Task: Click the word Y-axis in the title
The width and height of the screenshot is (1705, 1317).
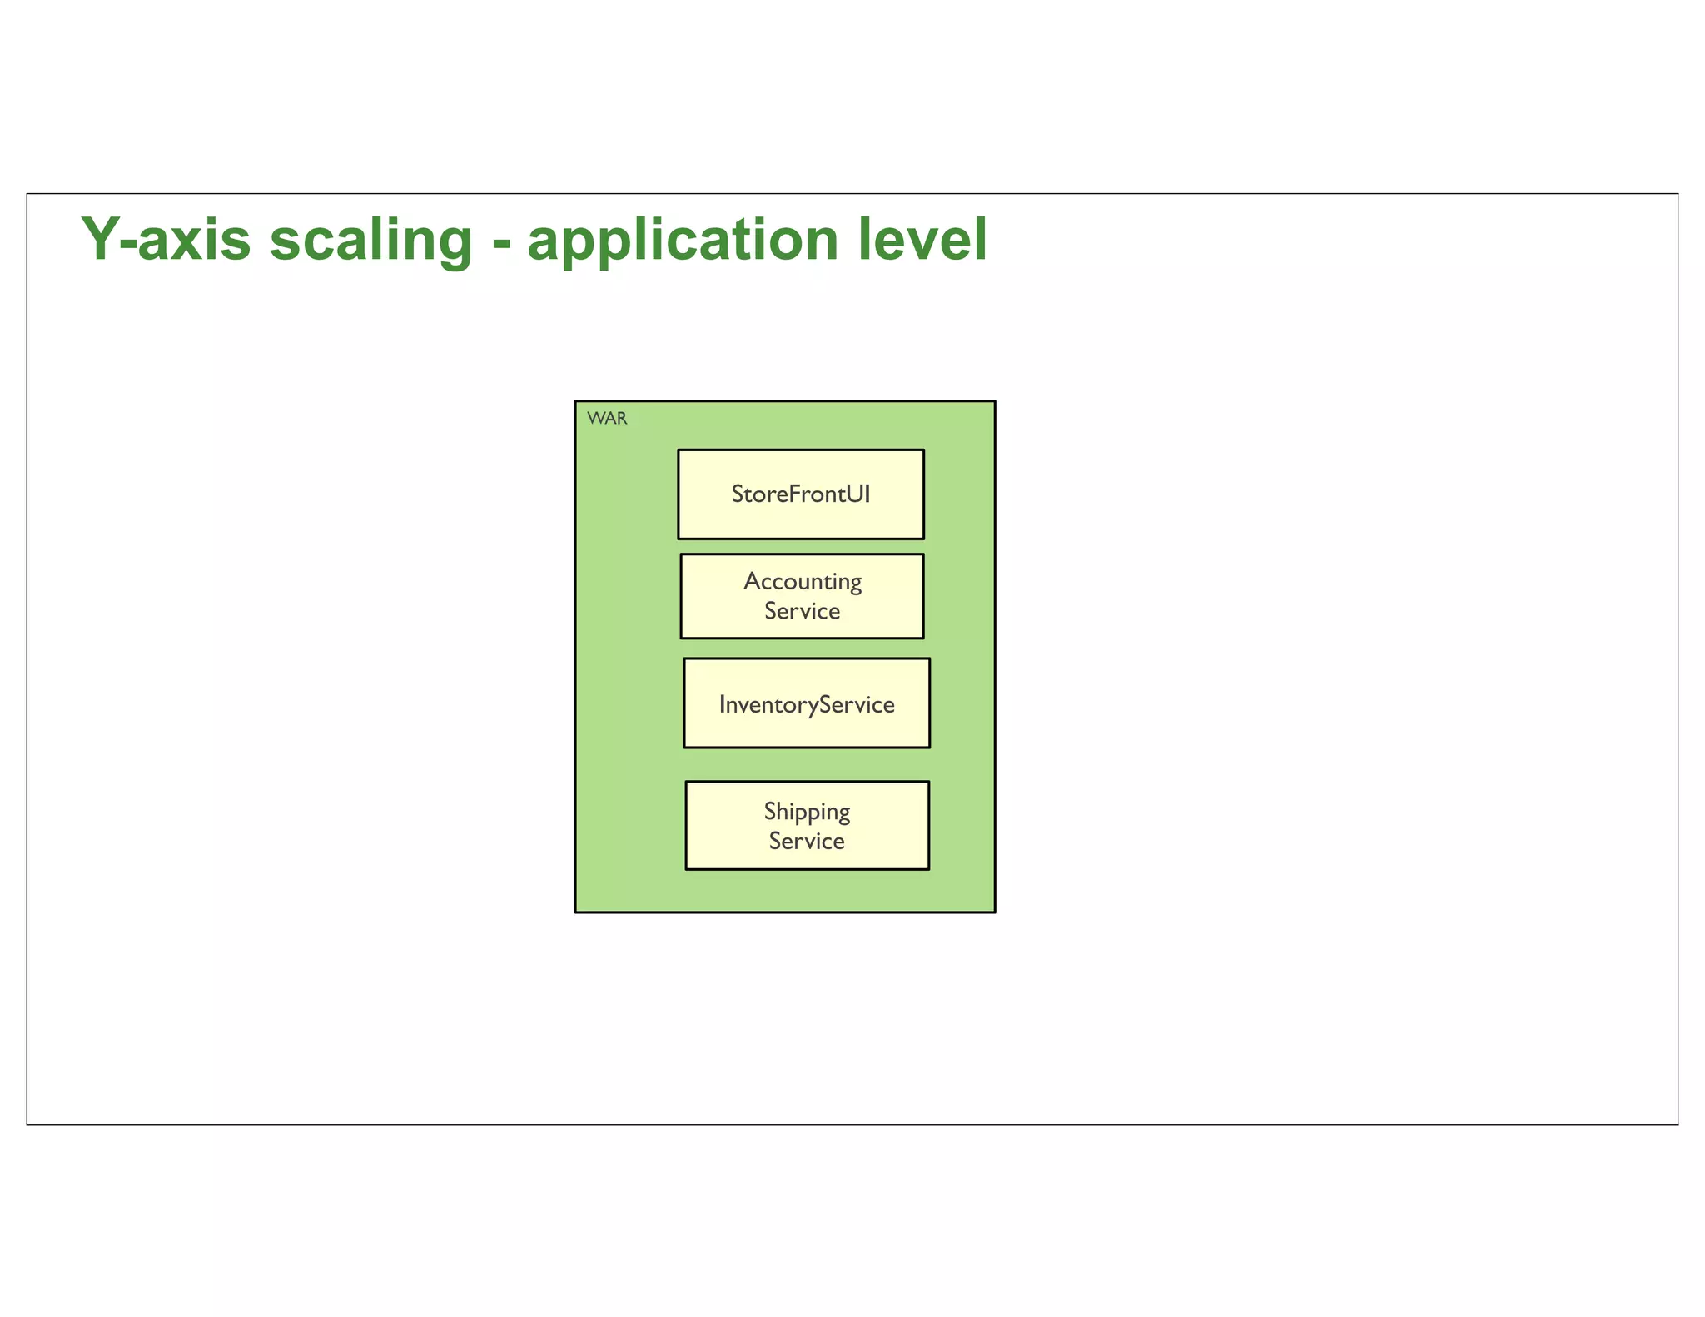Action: point(166,240)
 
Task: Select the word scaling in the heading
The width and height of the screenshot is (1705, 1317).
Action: point(370,240)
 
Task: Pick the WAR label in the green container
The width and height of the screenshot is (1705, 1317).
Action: point(607,418)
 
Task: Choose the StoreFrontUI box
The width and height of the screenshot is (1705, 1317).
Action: point(801,494)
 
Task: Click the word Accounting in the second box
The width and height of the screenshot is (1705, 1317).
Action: point(803,581)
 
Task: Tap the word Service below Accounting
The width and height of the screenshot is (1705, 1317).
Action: point(803,611)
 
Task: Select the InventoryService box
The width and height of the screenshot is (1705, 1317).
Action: point(807,704)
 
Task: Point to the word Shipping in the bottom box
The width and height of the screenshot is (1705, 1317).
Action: point(807,812)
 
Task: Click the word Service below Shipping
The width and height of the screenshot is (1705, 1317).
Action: point(807,842)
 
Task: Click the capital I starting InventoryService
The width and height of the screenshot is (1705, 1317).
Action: point(723,704)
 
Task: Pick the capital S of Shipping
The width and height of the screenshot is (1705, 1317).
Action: point(770,811)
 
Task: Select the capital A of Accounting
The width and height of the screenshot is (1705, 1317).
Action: point(752,581)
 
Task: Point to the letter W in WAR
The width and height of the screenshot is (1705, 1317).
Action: point(595,418)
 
